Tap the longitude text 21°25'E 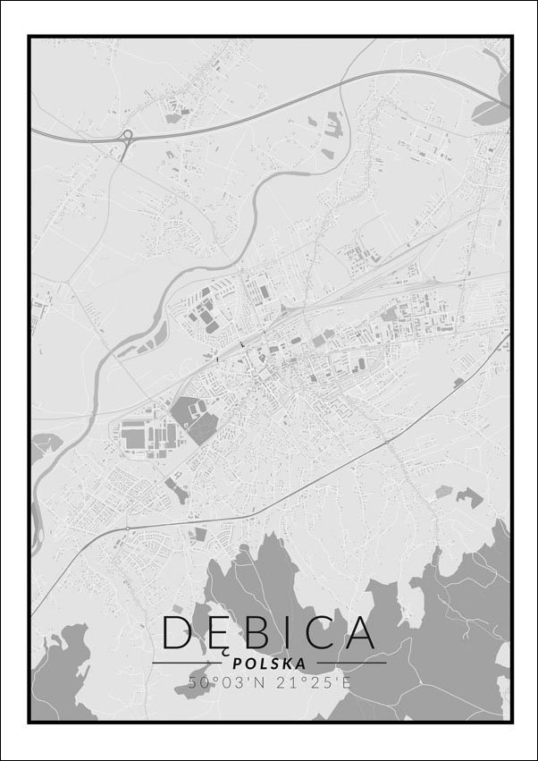313,681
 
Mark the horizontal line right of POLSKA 350,663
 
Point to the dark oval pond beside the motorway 490,112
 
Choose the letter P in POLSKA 236,664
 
